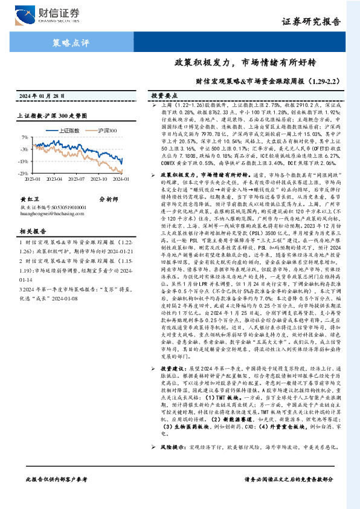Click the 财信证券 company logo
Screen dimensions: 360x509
pos(57,14)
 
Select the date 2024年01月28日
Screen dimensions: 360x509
pos(45,96)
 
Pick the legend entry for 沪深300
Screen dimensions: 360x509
pos(106,129)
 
